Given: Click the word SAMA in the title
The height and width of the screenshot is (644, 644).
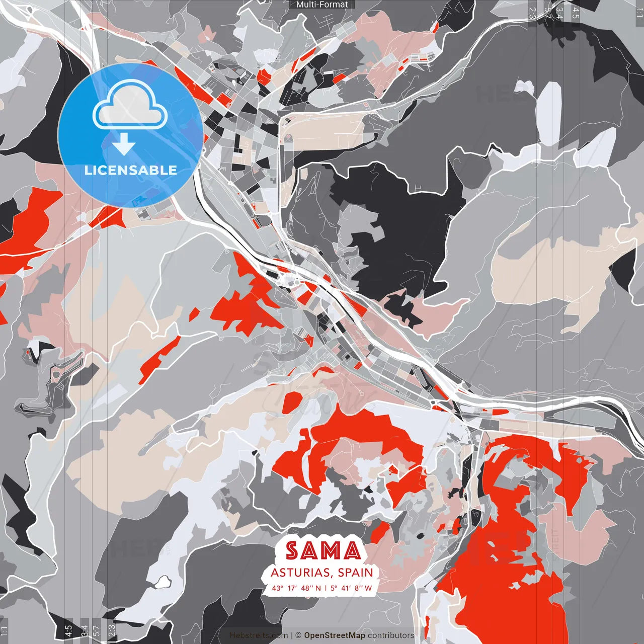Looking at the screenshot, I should point(324,551).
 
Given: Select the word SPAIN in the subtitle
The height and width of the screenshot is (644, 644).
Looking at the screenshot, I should point(356,573).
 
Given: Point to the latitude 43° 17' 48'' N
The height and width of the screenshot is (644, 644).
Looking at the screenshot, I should point(296,588).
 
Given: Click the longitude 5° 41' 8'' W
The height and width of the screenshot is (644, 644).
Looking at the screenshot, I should point(351,588).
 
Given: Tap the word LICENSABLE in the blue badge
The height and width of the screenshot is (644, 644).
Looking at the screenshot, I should point(131,170).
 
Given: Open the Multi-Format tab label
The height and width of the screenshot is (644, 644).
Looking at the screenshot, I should point(322,5).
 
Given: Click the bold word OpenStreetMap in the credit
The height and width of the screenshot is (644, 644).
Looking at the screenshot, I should point(335,635).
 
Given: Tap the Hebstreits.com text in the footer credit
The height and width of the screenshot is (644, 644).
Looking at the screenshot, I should point(259,635).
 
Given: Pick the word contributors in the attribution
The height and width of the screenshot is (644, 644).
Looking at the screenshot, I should point(391,635).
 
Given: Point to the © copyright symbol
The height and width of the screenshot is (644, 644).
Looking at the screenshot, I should point(298,635).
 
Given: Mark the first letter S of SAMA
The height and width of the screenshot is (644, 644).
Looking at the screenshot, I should point(292,551).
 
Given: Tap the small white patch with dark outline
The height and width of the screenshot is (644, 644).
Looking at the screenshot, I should point(162,583).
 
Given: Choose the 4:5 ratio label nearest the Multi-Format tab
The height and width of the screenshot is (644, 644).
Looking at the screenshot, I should point(576,13).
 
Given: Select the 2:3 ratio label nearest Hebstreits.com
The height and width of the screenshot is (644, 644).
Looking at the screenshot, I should point(112,629).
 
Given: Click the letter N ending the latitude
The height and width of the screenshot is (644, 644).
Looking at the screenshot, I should point(318,588).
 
